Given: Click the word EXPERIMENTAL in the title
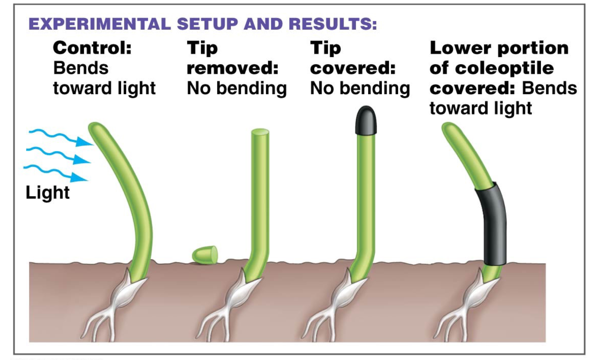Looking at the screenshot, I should [x=100, y=24].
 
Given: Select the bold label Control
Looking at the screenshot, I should [x=92, y=48].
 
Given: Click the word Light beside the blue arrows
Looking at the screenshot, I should [x=47, y=192].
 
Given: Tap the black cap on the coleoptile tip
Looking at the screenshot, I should [x=366, y=120].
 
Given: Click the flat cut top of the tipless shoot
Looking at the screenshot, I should [x=260, y=133].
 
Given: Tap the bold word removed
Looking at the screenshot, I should [x=232, y=68].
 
